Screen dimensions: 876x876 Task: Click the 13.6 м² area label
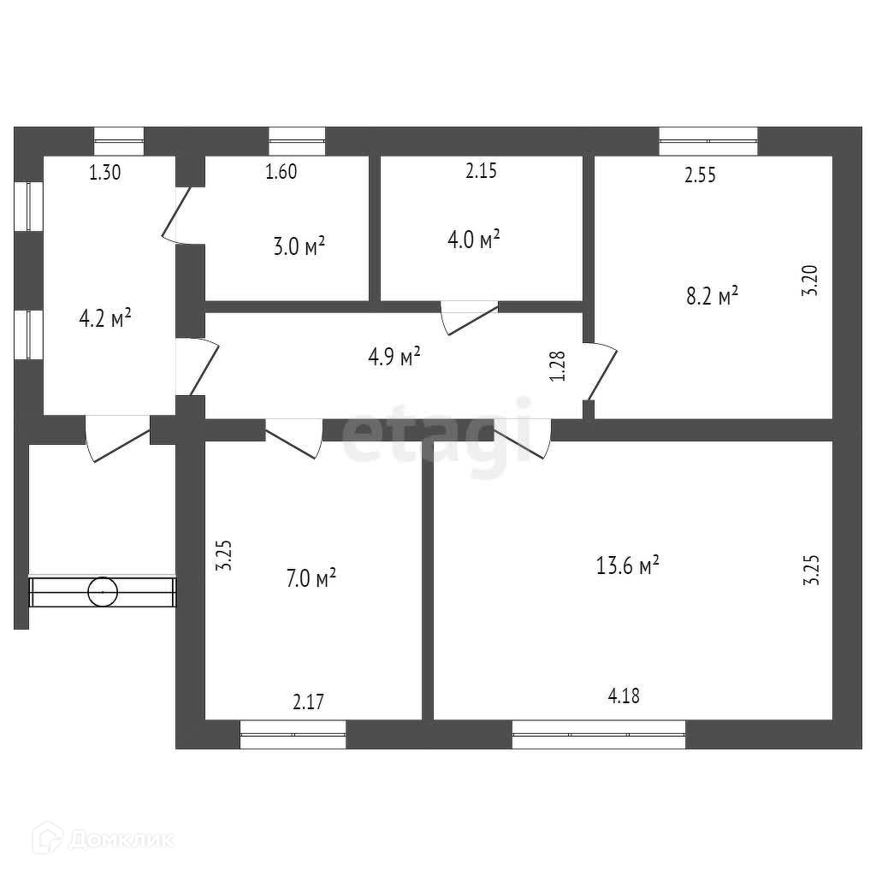[x=627, y=565]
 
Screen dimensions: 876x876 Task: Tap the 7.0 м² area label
[x=311, y=579]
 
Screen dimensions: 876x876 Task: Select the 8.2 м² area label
[x=712, y=296]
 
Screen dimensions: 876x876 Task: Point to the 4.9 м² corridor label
[x=394, y=356]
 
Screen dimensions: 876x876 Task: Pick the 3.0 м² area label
[x=299, y=247]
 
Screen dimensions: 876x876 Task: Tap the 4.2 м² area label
[x=105, y=319]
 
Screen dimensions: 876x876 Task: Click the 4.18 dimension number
[x=624, y=695]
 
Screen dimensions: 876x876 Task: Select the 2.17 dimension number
[x=308, y=703]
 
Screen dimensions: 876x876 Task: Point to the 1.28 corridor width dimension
[x=558, y=366]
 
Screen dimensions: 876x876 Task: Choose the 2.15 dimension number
[x=481, y=171]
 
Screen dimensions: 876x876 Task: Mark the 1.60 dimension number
[x=281, y=172]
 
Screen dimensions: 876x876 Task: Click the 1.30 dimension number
[x=105, y=172]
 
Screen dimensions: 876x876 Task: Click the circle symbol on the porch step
[x=104, y=590]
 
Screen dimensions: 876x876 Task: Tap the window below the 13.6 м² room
[x=599, y=734]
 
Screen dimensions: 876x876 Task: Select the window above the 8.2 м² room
[x=708, y=141]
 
